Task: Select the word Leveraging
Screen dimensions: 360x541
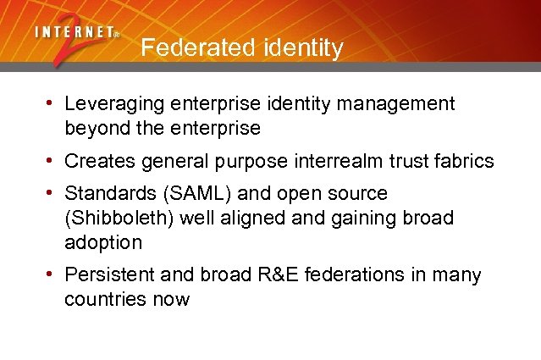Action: [x=116, y=104]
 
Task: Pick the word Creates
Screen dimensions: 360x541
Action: [x=99, y=161]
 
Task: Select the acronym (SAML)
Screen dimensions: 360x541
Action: [x=190, y=194]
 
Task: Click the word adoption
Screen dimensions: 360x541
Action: [x=103, y=242]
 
